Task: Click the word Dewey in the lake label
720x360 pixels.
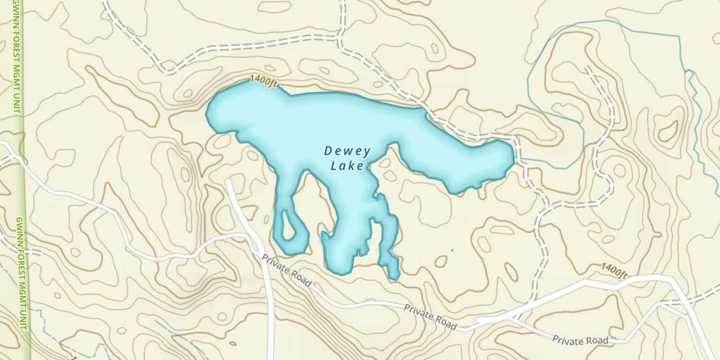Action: [x=347, y=151]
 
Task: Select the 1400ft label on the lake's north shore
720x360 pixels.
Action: [x=264, y=82]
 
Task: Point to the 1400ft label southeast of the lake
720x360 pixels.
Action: [x=614, y=271]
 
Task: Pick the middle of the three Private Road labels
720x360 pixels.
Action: [x=430, y=316]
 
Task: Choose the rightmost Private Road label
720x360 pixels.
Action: [x=580, y=340]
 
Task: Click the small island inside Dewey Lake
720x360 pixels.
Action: [x=288, y=226]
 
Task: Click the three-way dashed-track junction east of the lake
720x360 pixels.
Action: [x=547, y=207]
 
